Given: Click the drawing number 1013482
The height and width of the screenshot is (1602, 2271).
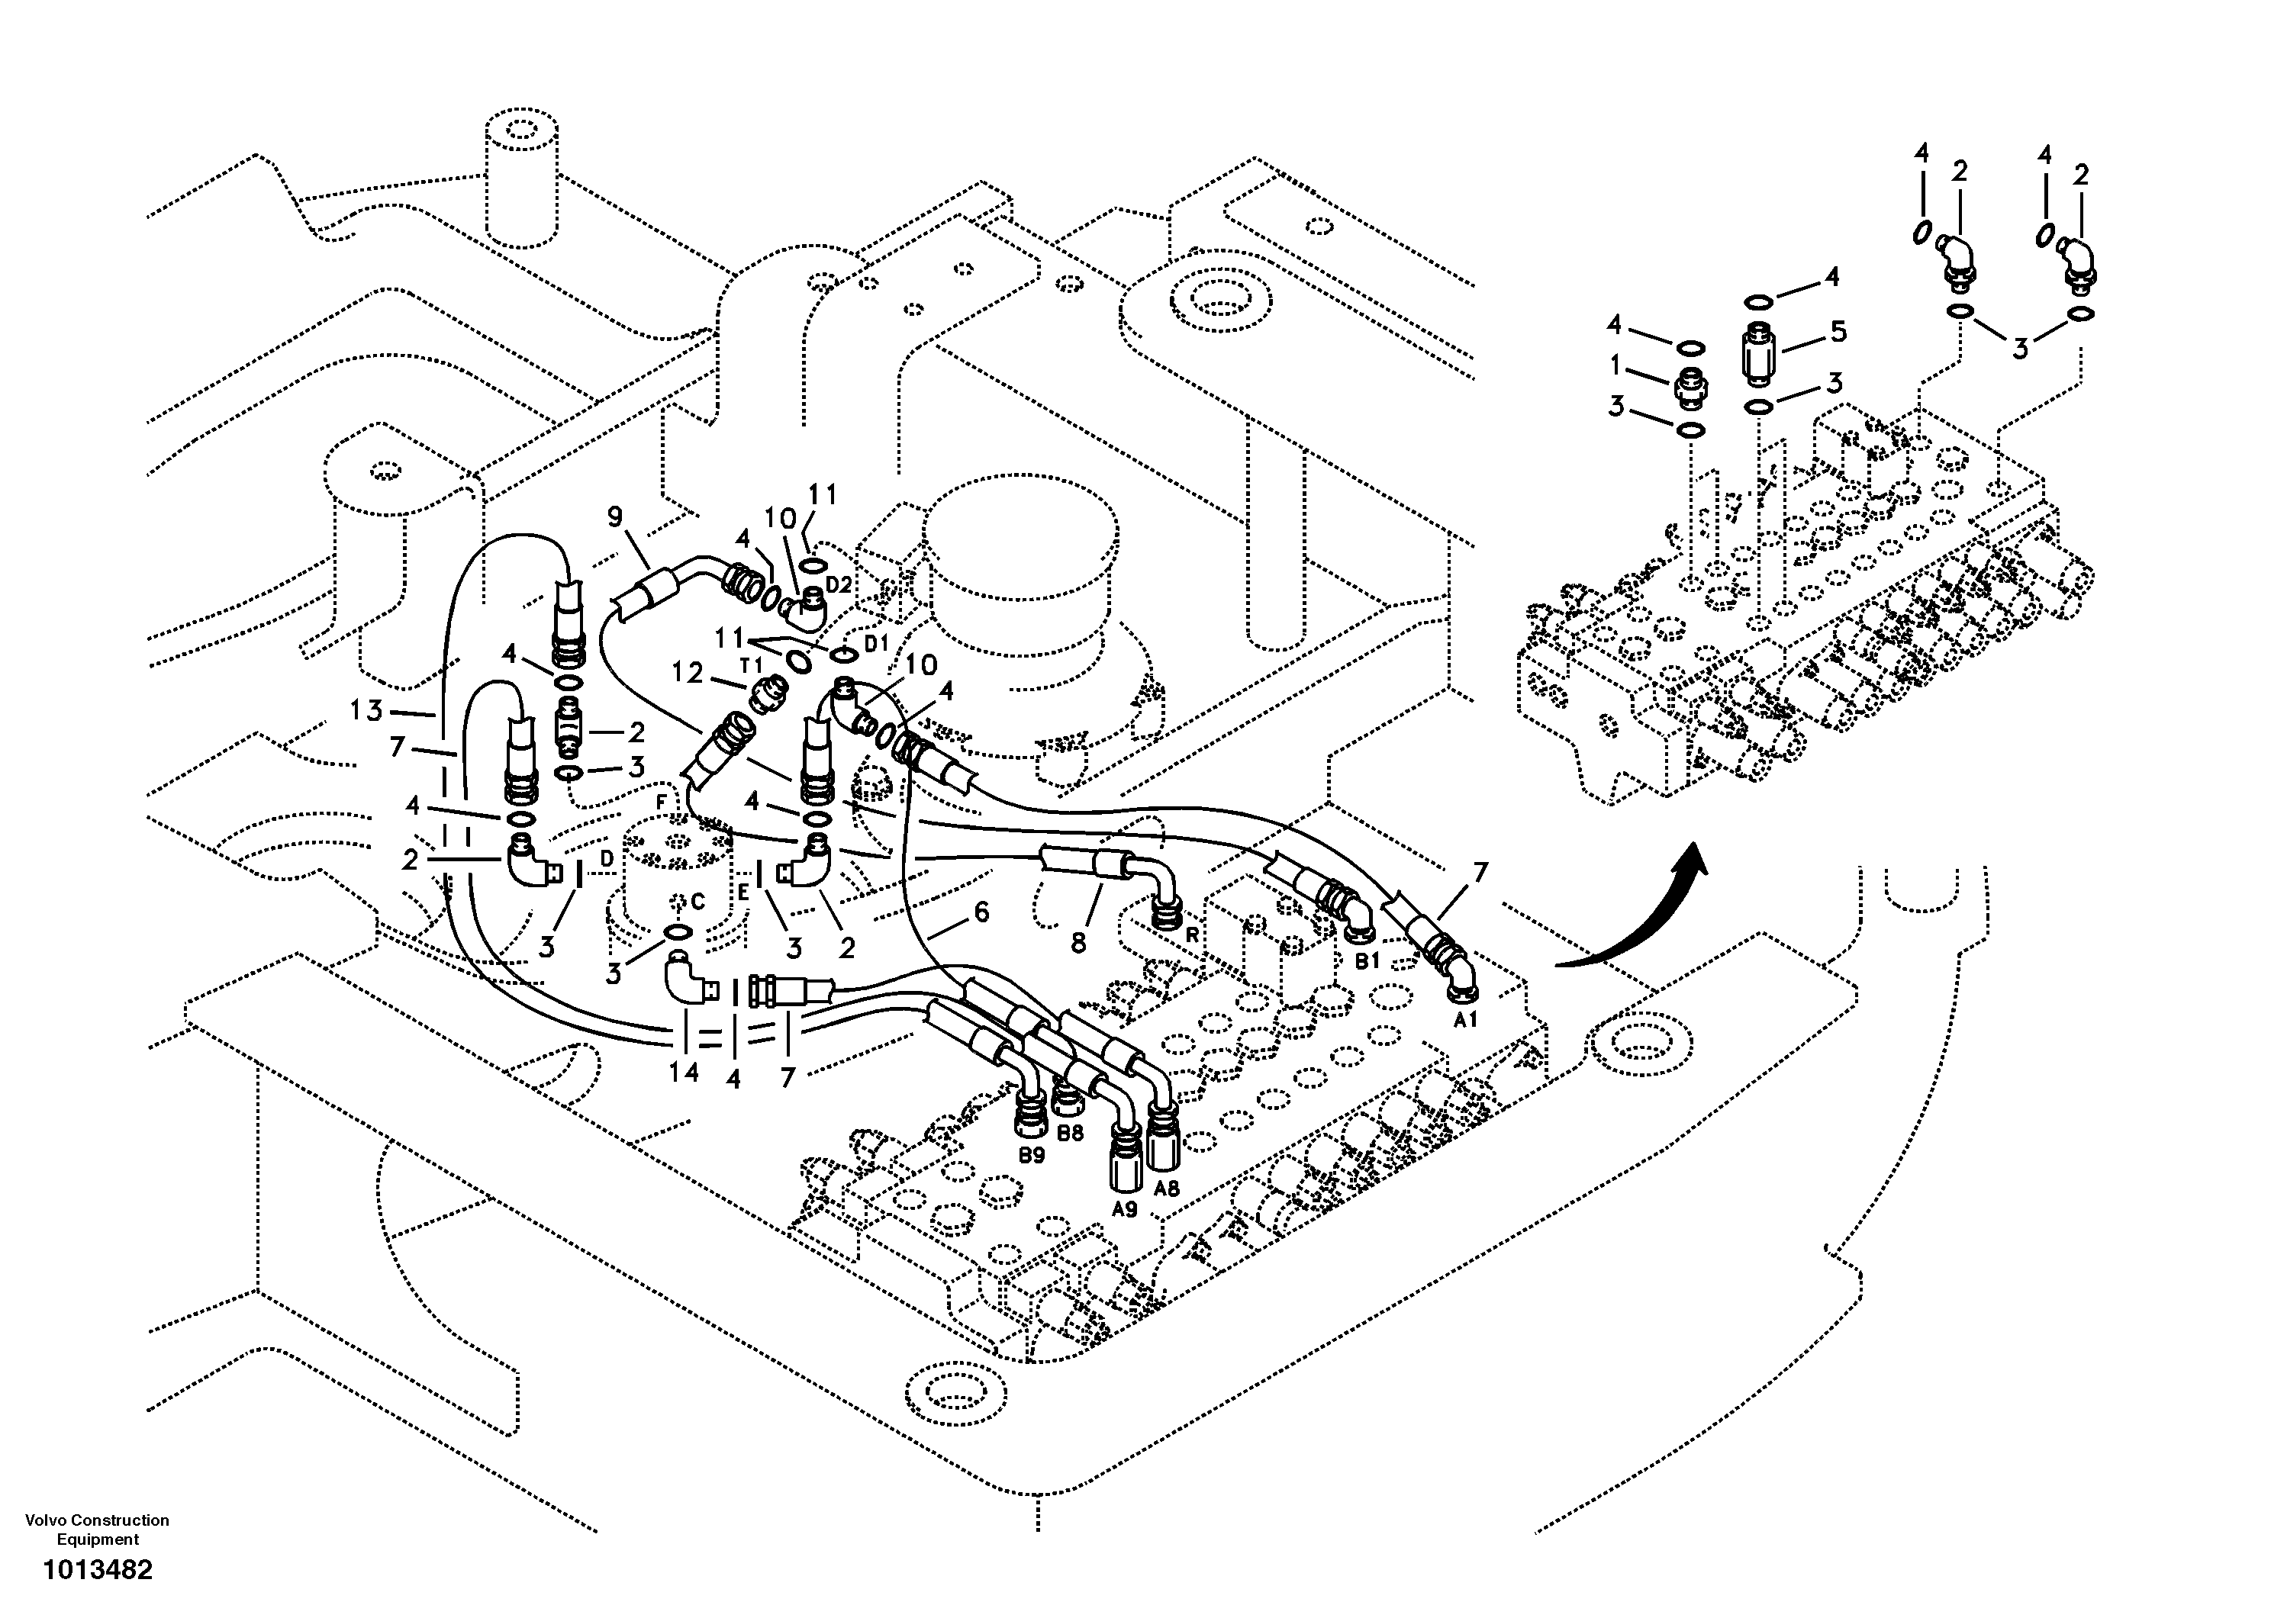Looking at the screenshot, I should tap(97, 1569).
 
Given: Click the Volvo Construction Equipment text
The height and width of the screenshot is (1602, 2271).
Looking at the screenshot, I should tap(97, 1529).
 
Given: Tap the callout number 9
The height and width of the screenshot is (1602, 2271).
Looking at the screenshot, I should tap(615, 516).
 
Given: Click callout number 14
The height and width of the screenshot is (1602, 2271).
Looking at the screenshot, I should tap(682, 1073).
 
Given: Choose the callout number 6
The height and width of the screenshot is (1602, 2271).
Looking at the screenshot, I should tap(981, 912).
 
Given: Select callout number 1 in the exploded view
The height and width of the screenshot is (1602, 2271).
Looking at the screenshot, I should tap(1615, 366).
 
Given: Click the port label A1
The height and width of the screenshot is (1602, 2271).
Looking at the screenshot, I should tap(1465, 1019).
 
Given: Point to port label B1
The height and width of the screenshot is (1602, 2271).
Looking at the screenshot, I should tap(1366, 960).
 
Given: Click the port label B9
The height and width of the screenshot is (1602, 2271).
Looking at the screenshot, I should tap(1032, 1154).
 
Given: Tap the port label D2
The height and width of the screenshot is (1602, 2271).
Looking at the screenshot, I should tap(838, 584).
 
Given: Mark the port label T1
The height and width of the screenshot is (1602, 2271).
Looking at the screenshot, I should tap(751, 665).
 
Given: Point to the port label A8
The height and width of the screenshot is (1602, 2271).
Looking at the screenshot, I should tap(1167, 1188).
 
